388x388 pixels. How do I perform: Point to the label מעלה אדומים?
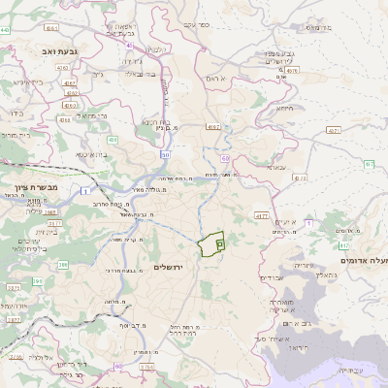tap(365, 261)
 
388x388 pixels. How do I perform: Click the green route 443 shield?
tap(8, 30)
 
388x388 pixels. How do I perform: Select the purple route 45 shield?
tap(130, 45)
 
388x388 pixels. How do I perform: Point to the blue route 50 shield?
tap(166, 154)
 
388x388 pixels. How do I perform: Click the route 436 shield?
tap(113, 141)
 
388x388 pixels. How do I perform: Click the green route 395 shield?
tap(37, 281)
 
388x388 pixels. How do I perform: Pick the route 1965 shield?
tap(49, 208)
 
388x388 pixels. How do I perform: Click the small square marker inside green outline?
tap(220, 244)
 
